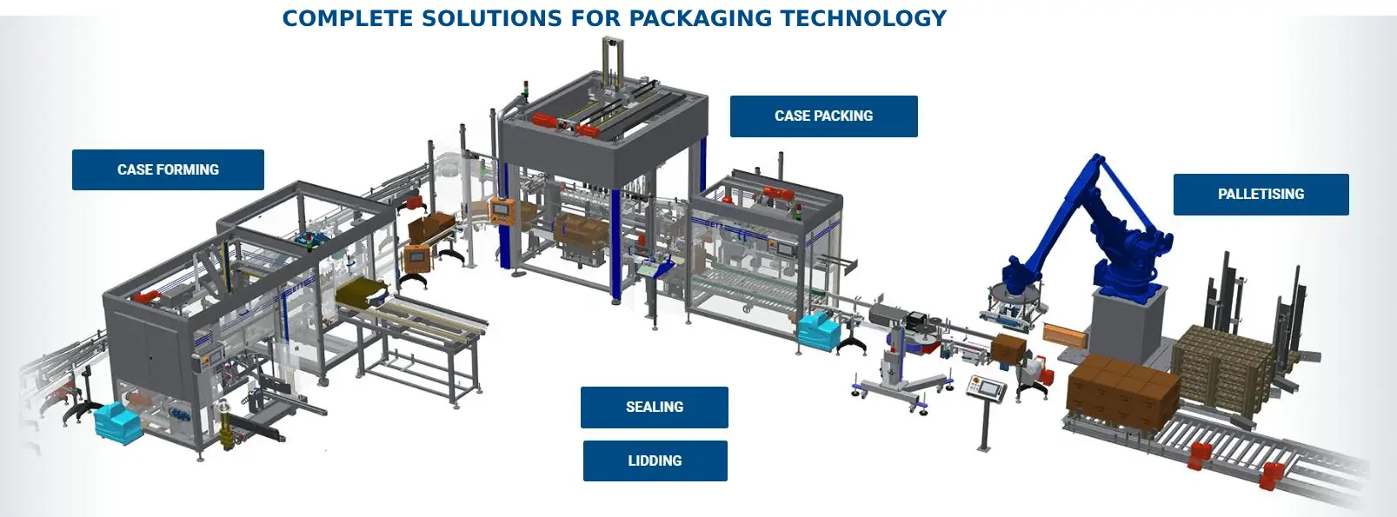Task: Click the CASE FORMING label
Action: click(168, 169)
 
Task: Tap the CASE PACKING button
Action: click(823, 116)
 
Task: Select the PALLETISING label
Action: click(1261, 194)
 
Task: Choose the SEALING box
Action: click(654, 407)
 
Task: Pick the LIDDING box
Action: click(655, 461)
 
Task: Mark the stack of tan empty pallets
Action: click(1221, 365)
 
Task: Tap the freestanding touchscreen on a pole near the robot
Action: click(987, 388)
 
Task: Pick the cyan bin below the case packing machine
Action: click(818, 329)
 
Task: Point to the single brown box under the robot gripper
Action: click(1008, 348)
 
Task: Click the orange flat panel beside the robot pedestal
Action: click(1065, 334)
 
